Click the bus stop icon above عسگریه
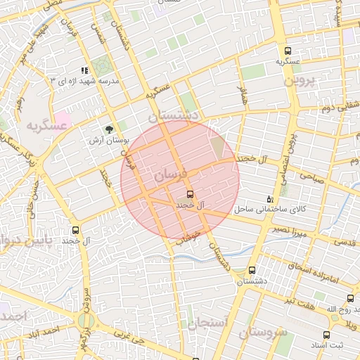click(287, 51)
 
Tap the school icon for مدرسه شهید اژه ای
click(85, 71)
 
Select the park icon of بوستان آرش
click(108, 129)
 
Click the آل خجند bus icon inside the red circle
click(190, 193)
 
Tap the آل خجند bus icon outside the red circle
click(76, 229)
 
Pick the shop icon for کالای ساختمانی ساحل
click(271, 200)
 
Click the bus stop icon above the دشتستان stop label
click(252, 270)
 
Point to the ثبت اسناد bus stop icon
click(326, 335)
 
